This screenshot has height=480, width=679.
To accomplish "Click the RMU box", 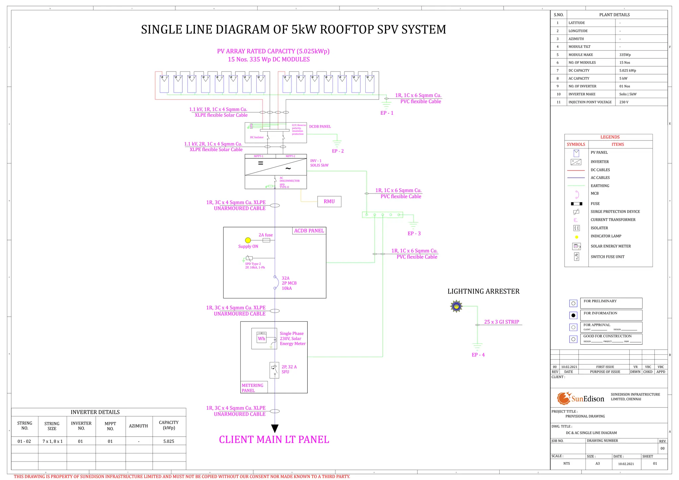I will (329, 202).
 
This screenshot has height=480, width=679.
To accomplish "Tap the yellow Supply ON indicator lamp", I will (248, 240).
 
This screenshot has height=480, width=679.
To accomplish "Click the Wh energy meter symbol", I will (262, 338).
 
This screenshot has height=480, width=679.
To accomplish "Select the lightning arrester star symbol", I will (457, 306).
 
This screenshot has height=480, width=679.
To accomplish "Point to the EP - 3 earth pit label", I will (414, 234).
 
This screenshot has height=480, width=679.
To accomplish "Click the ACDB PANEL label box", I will (309, 231).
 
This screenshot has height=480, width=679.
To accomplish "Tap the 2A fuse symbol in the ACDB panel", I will (266, 240).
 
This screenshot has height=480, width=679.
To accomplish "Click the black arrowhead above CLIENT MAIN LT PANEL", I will (275, 428).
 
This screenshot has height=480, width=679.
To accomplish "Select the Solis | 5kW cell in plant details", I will (628, 94).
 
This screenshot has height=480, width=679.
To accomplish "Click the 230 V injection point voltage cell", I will (624, 102).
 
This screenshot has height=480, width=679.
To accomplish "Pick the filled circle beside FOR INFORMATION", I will (573, 315).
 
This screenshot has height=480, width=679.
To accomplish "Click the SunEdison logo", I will (581, 398).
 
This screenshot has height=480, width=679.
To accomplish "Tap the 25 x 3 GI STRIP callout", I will (501, 322).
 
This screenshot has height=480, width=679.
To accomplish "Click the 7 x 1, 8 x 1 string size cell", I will (52, 441).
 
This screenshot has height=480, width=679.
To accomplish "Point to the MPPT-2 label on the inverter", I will (290, 156).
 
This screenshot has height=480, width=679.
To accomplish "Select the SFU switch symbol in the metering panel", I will (275, 370).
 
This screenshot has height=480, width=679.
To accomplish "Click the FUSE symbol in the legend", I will (576, 204).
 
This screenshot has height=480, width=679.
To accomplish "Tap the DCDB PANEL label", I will (320, 127).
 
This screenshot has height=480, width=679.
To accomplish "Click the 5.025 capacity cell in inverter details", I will (169, 441).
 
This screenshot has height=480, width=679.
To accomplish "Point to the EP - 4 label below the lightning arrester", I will (478, 355).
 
